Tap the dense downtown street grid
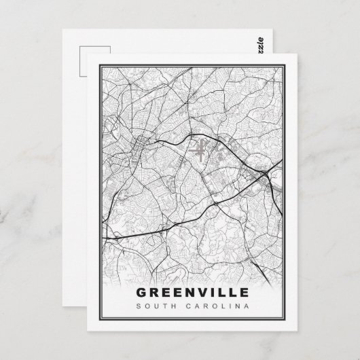tap(142, 142)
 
